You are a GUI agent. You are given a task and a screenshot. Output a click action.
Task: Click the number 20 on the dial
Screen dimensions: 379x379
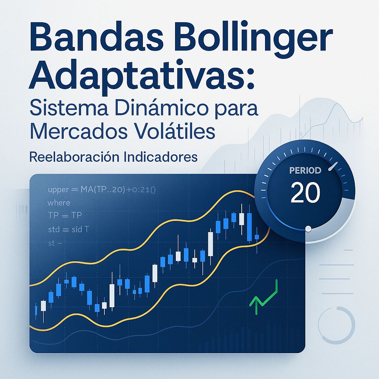(305, 192)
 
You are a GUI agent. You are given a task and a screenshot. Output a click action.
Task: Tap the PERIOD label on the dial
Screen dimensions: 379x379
(305, 171)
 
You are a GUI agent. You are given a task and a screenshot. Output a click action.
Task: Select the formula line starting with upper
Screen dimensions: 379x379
(102, 190)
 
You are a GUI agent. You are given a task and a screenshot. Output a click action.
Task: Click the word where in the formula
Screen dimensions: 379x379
(58, 203)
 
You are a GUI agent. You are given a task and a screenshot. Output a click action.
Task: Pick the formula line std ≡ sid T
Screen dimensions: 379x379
(68, 229)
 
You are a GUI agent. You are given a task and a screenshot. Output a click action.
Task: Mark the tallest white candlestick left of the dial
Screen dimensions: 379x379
(211, 244)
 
